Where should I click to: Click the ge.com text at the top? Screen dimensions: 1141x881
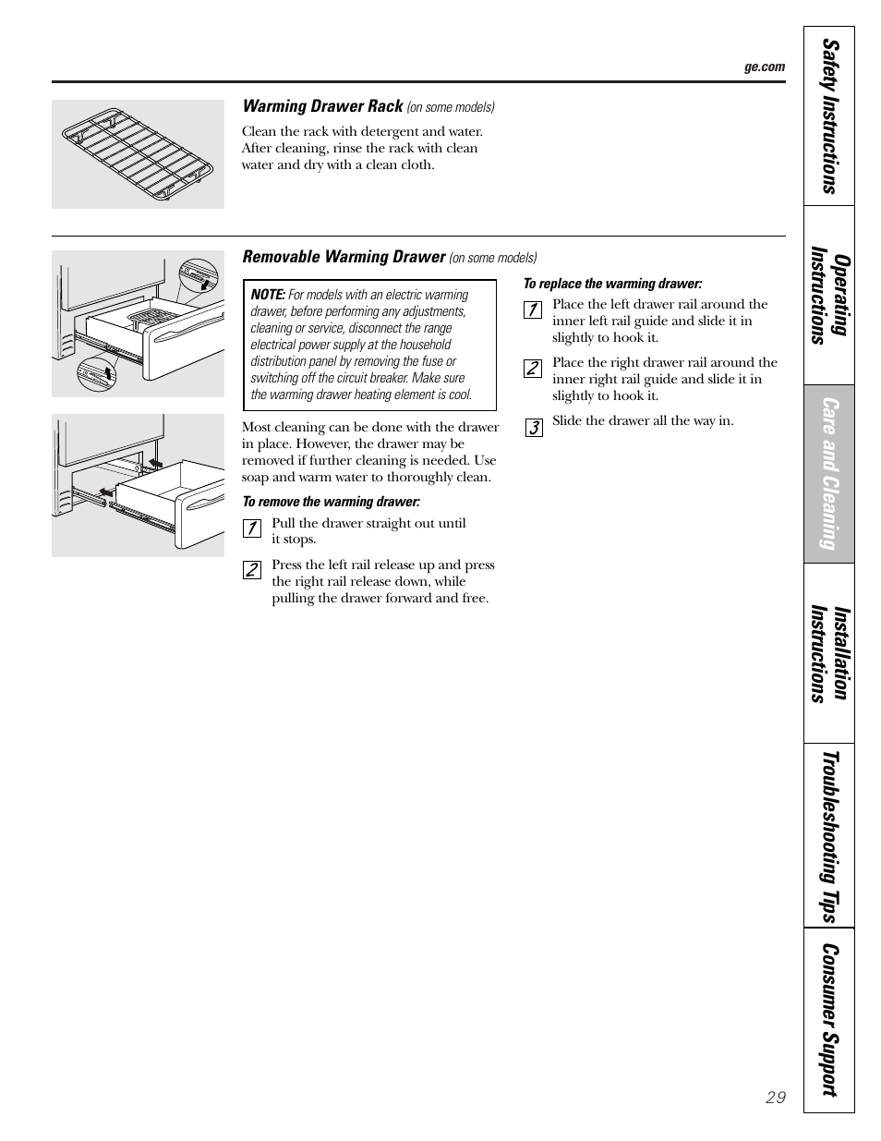click(764, 67)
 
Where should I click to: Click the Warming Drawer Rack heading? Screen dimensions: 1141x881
click(322, 106)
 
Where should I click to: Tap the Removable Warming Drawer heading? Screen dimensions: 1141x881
click(344, 257)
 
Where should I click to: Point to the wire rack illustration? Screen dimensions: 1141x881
click(138, 153)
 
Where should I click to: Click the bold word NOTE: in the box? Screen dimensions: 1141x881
click(268, 295)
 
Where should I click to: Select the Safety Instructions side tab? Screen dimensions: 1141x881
click(829, 116)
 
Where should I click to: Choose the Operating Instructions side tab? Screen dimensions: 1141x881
click(829, 295)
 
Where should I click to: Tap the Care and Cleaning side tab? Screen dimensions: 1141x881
click(829, 474)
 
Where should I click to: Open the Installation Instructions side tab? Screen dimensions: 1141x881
click(829, 653)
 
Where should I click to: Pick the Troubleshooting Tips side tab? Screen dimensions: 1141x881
click(829, 836)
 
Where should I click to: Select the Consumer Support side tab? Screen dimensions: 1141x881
click(829, 1020)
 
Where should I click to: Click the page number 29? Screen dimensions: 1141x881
click(776, 1098)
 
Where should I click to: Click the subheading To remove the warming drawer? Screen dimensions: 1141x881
click(331, 502)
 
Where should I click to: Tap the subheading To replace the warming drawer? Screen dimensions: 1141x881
click(612, 284)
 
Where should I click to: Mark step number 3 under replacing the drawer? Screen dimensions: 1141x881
click(533, 427)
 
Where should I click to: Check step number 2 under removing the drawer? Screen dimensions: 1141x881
click(251, 570)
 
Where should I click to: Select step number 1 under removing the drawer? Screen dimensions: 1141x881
click(251, 528)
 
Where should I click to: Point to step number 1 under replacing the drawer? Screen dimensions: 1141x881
click(532, 310)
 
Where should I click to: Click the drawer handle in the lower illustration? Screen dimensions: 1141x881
click(203, 504)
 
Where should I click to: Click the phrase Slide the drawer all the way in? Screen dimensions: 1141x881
click(643, 421)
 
